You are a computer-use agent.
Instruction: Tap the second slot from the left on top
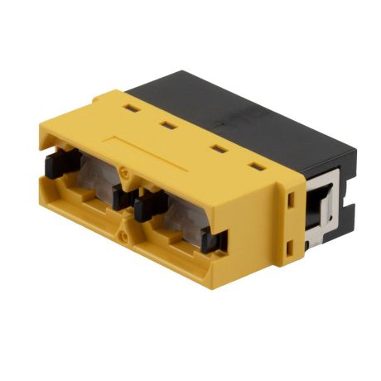tap(168, 127)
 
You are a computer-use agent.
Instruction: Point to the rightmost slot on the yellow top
tap(258, 166)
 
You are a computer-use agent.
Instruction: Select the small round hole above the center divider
tap(125, 175)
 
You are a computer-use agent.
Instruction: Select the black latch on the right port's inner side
tap(142, 205)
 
